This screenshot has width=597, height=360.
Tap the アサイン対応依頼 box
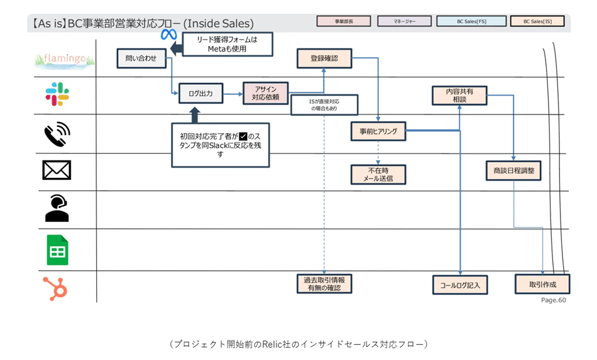click(x=265, y=94)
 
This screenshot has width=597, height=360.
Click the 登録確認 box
click(x=324, y=58)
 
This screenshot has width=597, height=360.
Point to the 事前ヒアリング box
click(x=378, y=131)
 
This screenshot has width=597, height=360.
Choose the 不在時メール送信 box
click(x=378, y=174)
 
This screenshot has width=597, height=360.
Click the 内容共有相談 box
click(x=459, y=95)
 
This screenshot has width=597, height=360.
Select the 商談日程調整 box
click(x=513, y=170)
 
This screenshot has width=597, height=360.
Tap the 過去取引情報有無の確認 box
click(x=324, y=283)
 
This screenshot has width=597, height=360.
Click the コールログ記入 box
click(x=460, y=285)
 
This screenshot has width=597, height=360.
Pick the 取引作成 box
click(x=542, y=284)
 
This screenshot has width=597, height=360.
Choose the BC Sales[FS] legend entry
click(x=471, y=21)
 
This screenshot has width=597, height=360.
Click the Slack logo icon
click(x=57, y=94)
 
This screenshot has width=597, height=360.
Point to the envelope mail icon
click(x=57, y=170)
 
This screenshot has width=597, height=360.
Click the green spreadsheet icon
click(x=57, y=249)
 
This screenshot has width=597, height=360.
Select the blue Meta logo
click(x=168, y=35)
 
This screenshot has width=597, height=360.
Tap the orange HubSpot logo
click(x=56, y=288)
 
